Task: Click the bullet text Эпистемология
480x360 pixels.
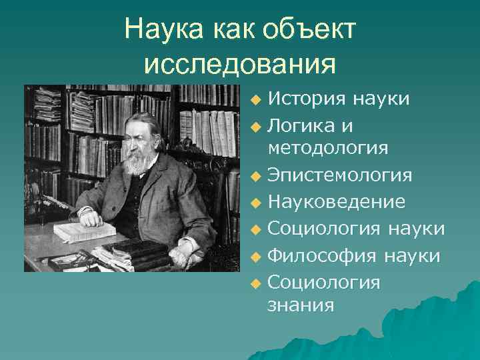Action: (339, 175)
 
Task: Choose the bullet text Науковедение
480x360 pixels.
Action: (335, 201)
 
